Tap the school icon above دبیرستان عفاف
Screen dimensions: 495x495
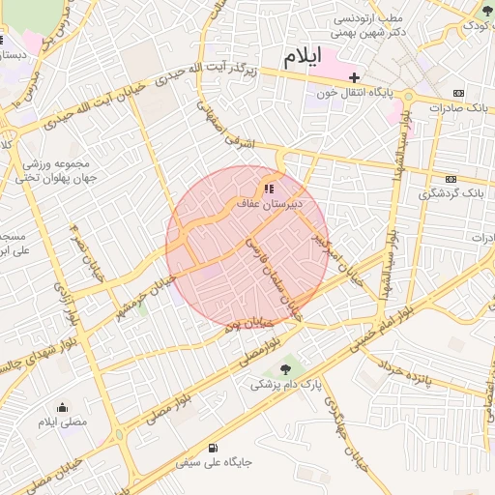269,189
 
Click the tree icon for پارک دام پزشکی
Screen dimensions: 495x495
284,369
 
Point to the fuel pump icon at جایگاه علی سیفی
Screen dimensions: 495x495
213,448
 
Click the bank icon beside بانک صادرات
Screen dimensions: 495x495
457,93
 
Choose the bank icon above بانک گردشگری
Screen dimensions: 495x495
451,179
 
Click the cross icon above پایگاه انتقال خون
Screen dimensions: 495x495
354,77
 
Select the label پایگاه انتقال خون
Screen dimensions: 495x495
356,93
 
